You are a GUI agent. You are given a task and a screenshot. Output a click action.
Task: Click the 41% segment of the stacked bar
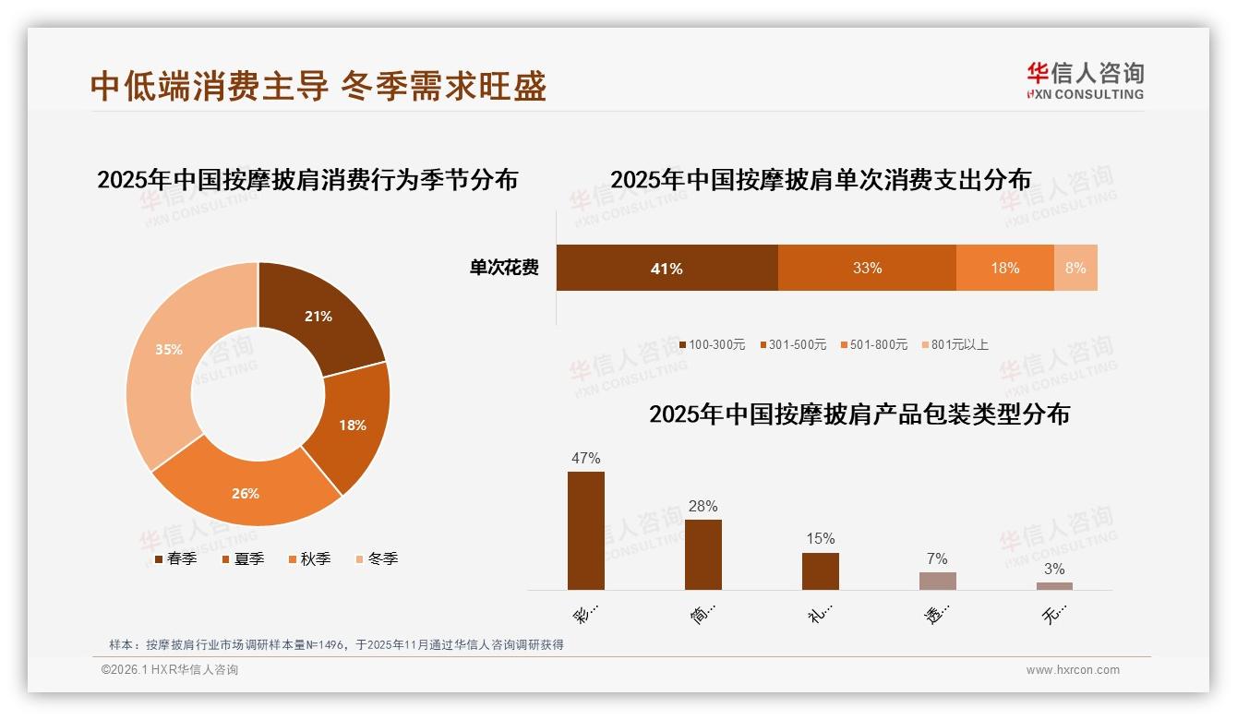[x=667, y=269]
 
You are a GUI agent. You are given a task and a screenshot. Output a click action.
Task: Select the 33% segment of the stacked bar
[x=867, y=269]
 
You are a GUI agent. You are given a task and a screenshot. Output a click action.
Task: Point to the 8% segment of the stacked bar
[x=1075, y=269]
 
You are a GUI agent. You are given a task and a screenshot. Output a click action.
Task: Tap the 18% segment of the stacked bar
[x=1005, y=269]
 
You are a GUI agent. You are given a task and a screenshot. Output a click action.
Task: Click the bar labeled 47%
[x=586, y=531]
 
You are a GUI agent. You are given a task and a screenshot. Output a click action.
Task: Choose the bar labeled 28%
[x=703, y=555]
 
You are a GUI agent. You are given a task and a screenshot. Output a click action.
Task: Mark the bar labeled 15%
[x=821, y=571]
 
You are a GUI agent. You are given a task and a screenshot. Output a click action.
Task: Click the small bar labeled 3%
[x=1054, y=585]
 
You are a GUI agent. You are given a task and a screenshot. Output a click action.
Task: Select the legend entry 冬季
[x=377, y=559]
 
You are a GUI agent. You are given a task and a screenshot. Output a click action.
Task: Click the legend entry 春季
[x=174, y=559]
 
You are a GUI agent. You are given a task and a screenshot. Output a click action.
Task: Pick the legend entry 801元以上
[x=955, y=345]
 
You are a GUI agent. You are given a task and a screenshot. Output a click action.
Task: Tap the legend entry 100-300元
[x=712, y=345]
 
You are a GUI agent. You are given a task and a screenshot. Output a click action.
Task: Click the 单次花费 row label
[x=504, y=269]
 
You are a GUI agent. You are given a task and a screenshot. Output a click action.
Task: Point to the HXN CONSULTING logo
[x=1086, y=81]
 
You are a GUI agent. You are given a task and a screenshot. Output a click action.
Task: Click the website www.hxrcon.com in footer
[x=1073, y=670]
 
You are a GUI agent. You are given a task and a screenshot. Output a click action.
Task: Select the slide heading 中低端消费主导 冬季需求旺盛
[x=318, y=86]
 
